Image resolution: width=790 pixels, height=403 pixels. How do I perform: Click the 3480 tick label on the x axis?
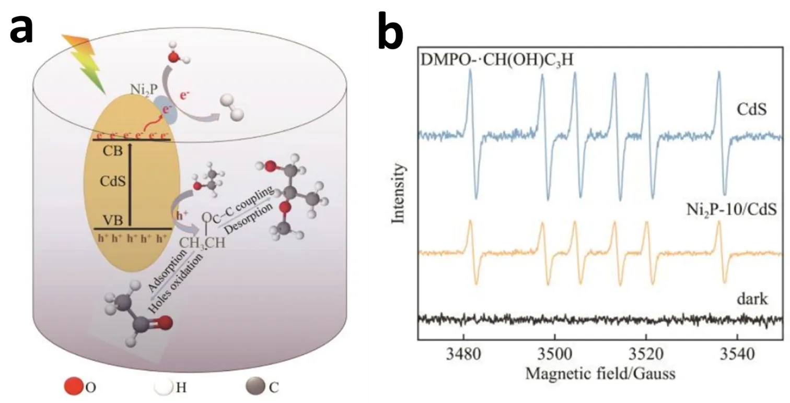pyautogui.click(x=463, y=355)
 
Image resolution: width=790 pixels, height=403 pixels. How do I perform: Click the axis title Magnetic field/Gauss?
pyautogui.click(x=600, y=374)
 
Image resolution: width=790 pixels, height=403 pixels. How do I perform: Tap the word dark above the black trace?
pyautogui.click(x=749, y=299)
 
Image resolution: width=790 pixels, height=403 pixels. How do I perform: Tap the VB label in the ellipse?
pyautogui.click(x=113, y=220)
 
